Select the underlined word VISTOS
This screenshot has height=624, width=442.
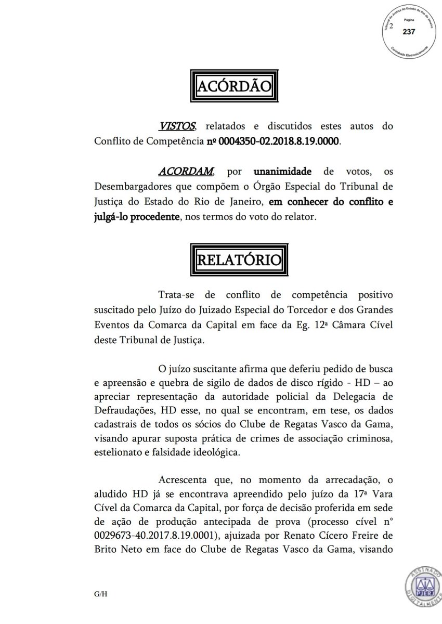click(x=177, y=126)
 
